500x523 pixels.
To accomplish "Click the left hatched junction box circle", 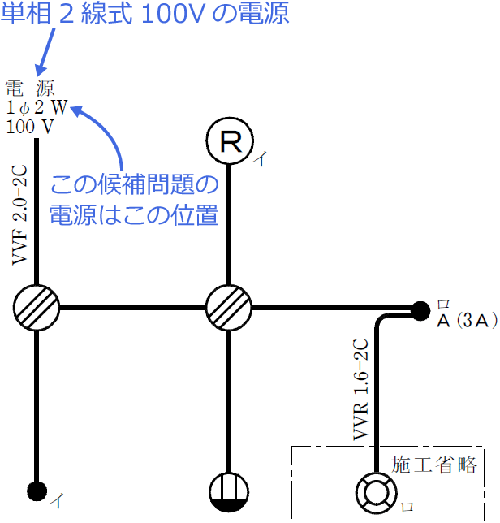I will (37, 308).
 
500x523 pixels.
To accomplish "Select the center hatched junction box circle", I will (229, 308).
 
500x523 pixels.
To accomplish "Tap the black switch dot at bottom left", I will (37, 490).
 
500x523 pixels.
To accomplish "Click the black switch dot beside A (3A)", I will (420, 310).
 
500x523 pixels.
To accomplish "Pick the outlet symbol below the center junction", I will (229, 492).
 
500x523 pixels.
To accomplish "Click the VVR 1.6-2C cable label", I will (361, 390).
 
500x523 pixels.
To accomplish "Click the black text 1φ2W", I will (37, 108).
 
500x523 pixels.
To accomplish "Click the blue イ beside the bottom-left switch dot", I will (58, 500).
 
